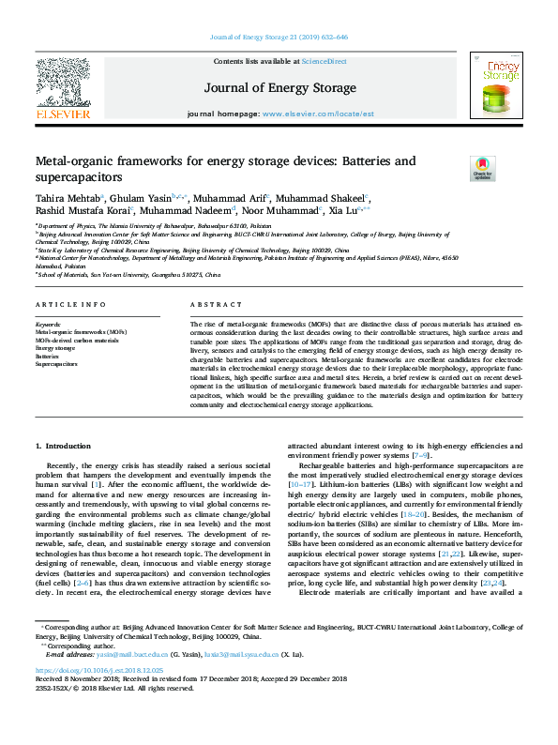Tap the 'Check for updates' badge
coord(482,170)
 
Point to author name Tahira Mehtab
coord(65,199)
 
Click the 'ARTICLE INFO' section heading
coord(71,306)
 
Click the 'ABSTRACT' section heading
coord(217,306)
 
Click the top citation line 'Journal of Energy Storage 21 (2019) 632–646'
coord(278,38)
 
